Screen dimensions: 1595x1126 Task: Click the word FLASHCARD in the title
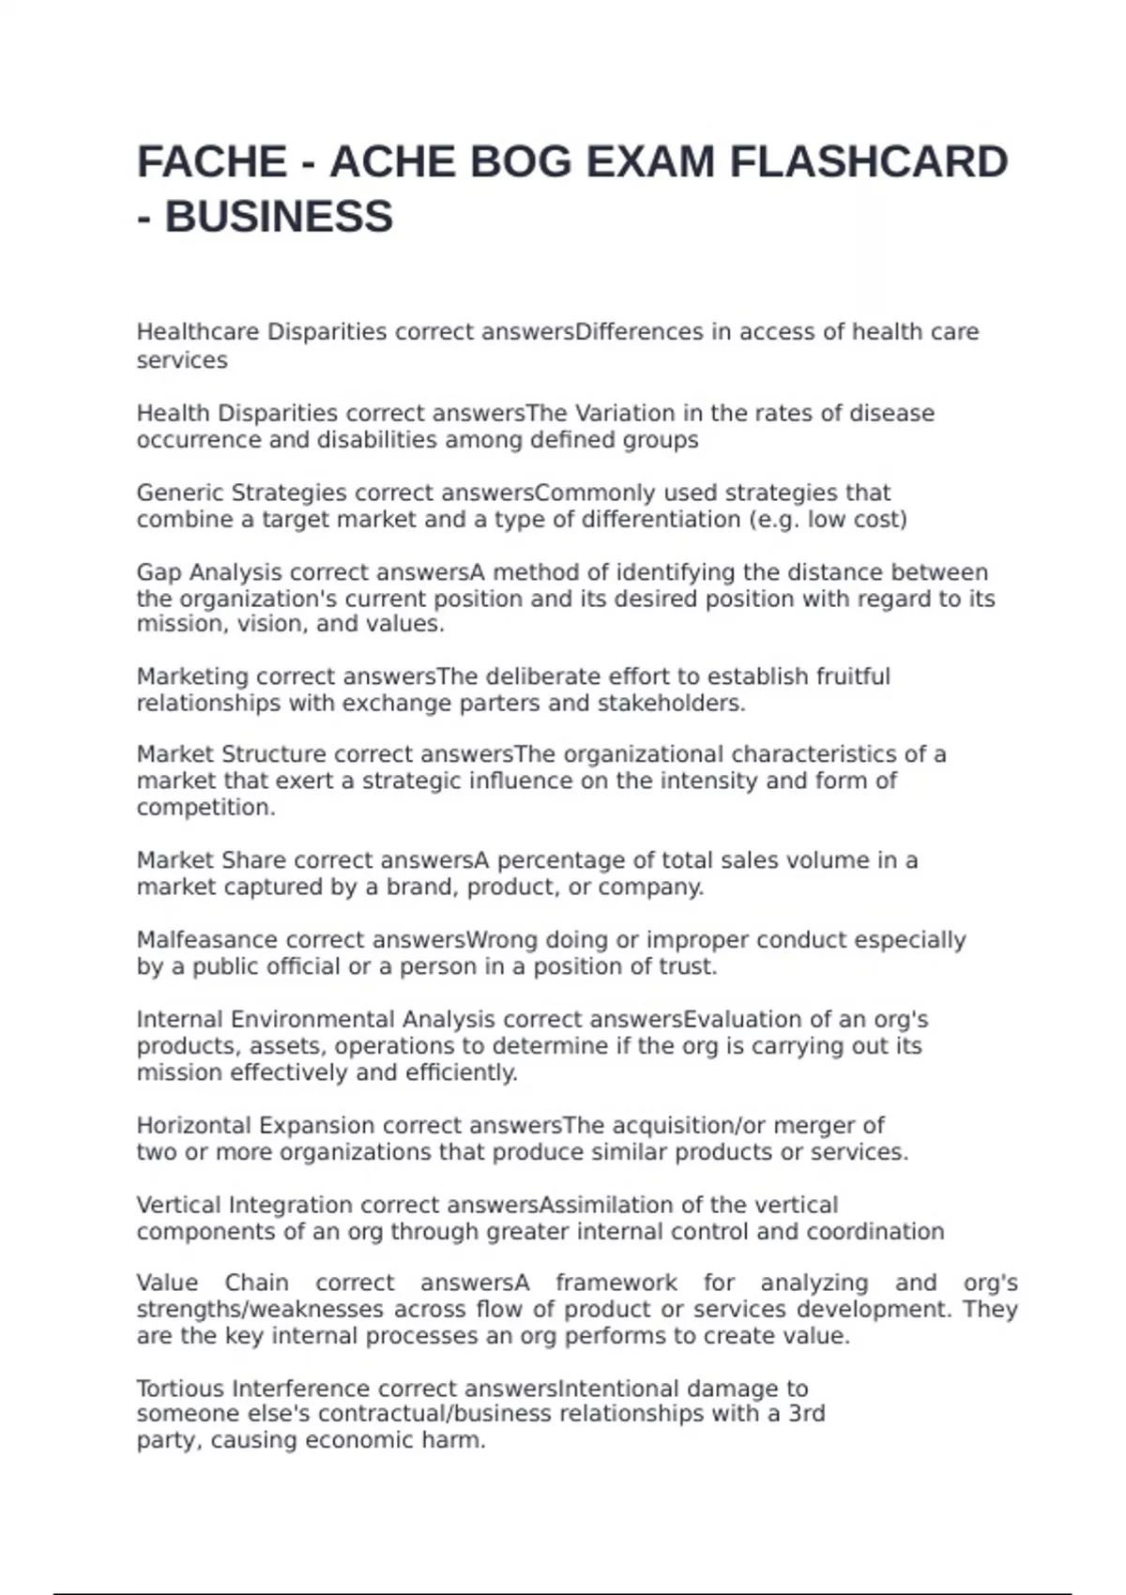point(868,162)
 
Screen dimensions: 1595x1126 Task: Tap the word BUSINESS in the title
point(279,217)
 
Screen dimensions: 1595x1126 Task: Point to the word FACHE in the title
point(212,162)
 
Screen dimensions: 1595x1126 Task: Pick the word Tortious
point(180,1389)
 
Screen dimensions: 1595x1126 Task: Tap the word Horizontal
point(194,1125)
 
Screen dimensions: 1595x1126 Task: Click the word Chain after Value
point(256,1283)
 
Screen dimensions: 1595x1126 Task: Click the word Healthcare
point(198,332)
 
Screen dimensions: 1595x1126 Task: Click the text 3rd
point(806,1414)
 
